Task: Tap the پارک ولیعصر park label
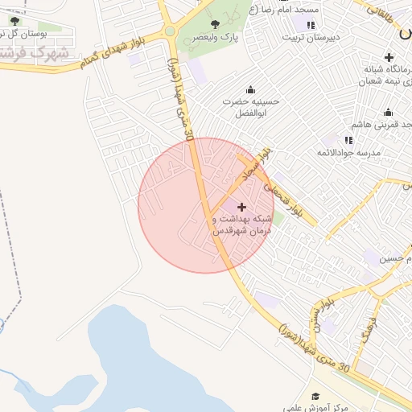point(219,38)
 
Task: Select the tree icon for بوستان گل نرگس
point(14,21)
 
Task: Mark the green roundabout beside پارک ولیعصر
point(171,32)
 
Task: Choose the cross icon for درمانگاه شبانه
point(390,57)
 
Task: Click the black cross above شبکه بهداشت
point(241,207)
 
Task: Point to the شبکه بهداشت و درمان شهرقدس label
point(242,225)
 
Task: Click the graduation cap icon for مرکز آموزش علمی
point(316,396)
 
